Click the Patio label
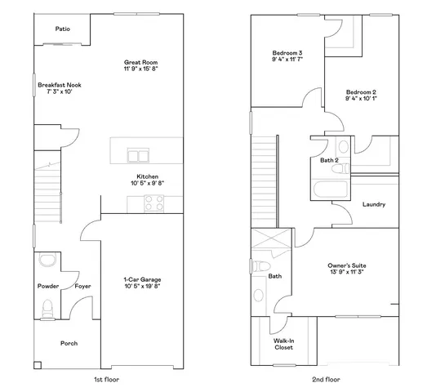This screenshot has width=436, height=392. [62, 29]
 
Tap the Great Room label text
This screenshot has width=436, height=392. [140, 63]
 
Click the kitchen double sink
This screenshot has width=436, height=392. [137, 157]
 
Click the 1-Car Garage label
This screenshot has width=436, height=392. [141, 279]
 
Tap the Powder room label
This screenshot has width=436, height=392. [48, 286]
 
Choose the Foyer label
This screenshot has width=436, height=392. [82, 286]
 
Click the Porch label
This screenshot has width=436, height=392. [69, 343]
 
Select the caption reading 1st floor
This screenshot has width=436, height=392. [107, 380]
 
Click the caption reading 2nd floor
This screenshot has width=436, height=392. [327, 380]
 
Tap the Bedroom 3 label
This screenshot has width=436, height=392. [287, 52]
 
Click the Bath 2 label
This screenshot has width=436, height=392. [329, 160]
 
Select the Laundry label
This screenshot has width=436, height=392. [373, 204]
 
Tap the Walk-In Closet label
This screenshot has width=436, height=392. [283, 344]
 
